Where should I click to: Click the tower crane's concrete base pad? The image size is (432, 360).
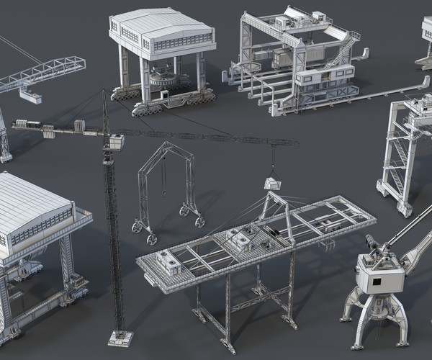120,337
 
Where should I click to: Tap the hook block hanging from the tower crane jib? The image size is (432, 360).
272,183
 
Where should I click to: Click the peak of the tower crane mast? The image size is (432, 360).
104,92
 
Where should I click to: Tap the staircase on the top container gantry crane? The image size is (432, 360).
339,52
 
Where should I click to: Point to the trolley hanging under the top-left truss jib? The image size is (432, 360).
30,92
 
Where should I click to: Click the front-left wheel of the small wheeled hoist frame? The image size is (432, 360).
152,239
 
